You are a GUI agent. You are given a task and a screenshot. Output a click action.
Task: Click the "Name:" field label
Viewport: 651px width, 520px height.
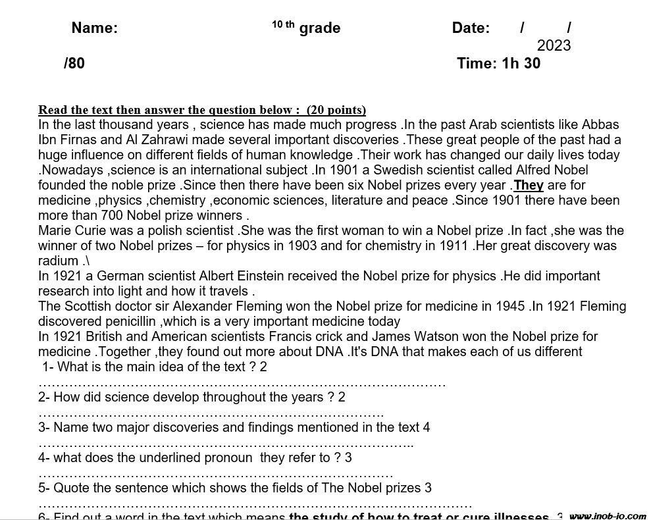tap(94, 28)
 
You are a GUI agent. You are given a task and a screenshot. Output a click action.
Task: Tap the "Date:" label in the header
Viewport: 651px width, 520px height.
tap(471, 28)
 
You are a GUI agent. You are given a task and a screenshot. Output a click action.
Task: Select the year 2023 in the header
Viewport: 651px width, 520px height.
tap(554, 45)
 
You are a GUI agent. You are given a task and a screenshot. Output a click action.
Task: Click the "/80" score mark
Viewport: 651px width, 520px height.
tap(74, 63)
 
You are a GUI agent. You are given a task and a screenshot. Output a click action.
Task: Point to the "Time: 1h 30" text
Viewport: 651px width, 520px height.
tap(498, 63)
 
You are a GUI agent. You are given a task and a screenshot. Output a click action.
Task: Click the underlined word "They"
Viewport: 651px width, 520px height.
tap(529, 185)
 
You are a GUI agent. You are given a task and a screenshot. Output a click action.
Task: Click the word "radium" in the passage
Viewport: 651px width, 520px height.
tap(58, 261)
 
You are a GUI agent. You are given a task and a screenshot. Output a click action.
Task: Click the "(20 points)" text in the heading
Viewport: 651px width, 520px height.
tap(336, 109)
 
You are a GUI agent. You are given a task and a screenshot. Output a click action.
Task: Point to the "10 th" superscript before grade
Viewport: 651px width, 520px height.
tap(283, 25)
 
